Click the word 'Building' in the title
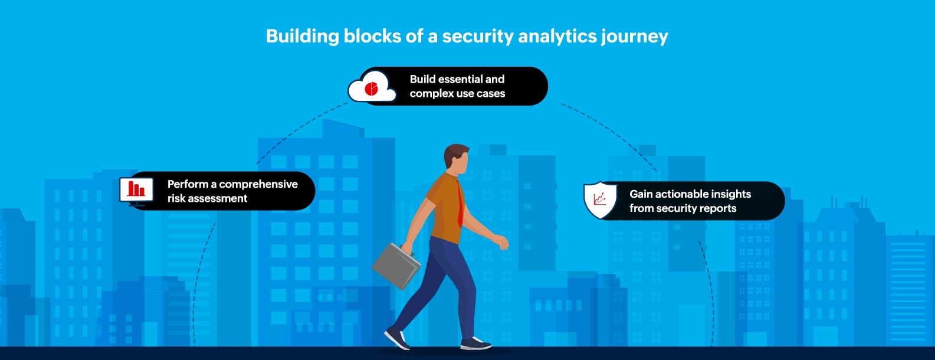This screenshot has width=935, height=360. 302,37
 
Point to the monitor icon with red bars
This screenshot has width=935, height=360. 136,190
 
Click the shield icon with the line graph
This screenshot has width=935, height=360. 600,200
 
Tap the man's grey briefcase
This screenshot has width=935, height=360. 396,266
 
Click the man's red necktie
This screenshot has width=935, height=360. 460,204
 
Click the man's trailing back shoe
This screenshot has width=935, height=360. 397,338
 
